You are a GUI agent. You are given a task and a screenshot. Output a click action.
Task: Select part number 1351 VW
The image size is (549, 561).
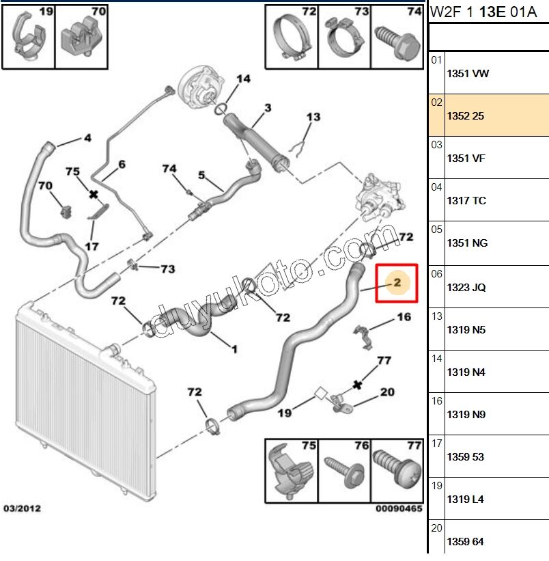tap(467, 74)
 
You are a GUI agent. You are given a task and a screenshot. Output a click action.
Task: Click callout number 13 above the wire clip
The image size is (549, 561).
tap(313, 118)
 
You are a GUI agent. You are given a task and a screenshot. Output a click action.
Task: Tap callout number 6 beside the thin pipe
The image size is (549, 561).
tap(122, 164)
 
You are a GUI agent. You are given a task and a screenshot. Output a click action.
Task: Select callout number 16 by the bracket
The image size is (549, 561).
tap(404, 317)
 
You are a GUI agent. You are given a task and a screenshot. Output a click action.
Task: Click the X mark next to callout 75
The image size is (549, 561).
tap(94, 195)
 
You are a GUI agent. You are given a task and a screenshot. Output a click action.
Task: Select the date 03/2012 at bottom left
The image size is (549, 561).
tap(22, 508)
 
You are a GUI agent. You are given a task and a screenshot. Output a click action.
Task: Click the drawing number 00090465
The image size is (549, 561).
tap(399, 508)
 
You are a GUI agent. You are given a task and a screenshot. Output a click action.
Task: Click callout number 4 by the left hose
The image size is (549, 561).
tap(87, 138)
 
